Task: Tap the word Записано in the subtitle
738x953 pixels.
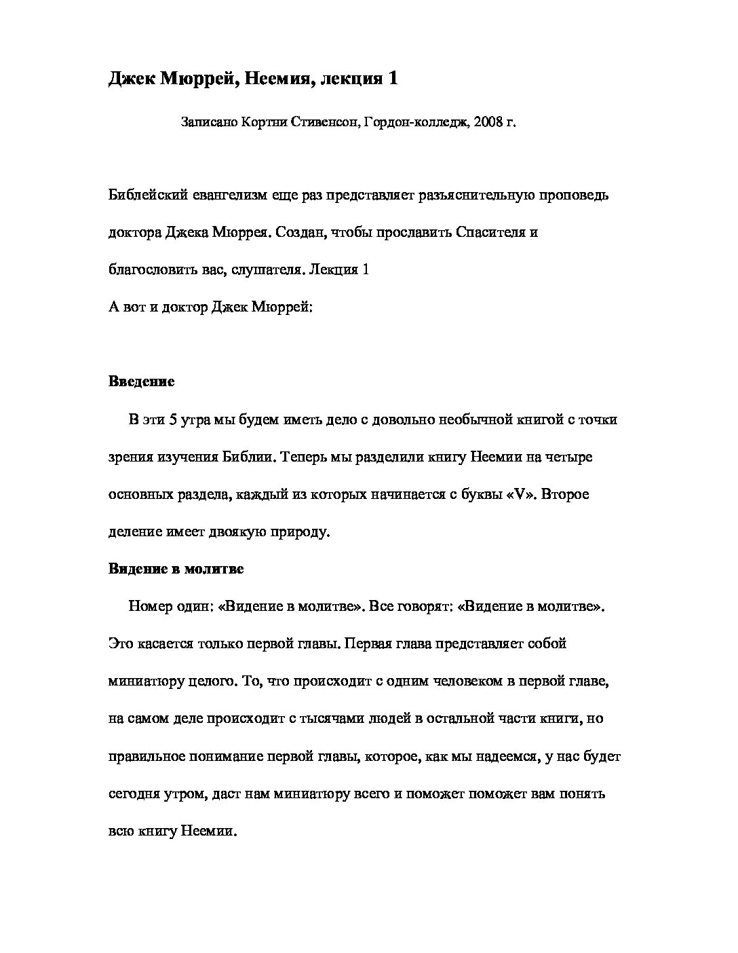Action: point(208,124)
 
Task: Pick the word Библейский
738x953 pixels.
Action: point(144,195)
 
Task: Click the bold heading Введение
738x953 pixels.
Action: point(142,381)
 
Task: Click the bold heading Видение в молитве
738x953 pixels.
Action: point(176,569)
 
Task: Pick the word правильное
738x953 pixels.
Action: point(147,756)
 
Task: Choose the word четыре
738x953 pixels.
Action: point(568,457)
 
